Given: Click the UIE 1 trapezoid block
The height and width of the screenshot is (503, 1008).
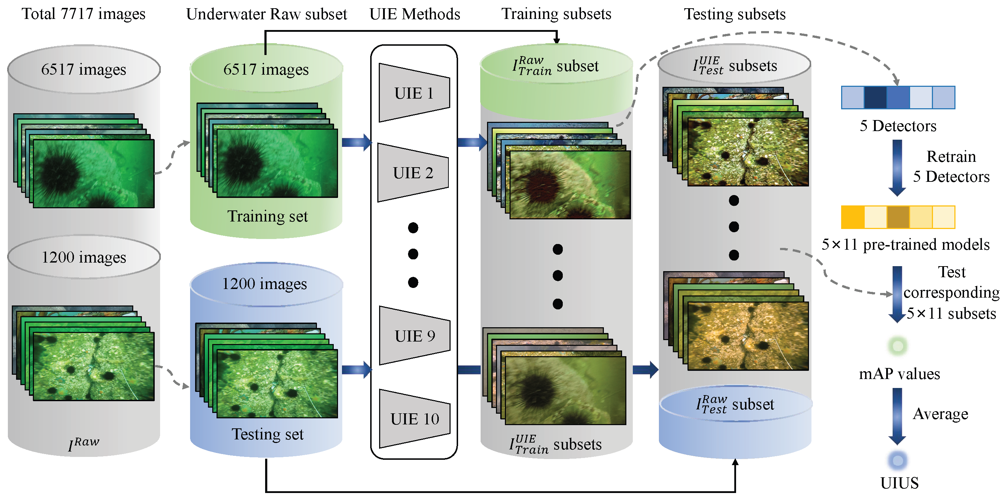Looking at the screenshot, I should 414,93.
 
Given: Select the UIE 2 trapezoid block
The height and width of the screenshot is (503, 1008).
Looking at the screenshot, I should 413,173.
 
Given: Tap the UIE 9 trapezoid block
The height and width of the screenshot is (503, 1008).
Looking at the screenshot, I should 414,336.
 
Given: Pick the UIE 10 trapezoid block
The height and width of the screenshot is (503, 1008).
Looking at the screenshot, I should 414,419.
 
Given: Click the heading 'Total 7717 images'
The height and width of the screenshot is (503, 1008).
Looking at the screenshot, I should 83,14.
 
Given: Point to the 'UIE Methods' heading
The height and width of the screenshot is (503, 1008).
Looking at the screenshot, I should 415,14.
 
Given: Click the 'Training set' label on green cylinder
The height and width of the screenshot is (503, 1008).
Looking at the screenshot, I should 268,216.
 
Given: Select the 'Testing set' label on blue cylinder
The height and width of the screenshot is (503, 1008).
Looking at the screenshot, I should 268,434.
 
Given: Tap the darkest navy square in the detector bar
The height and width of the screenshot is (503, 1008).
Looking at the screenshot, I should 875,98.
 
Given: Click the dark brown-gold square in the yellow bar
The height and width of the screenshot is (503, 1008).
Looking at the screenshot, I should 898,217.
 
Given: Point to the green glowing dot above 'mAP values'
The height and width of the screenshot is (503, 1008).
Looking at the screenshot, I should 898,346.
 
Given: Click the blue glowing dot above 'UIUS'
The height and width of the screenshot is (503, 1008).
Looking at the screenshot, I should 898,460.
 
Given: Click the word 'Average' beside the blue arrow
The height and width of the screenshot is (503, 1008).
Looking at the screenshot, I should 940,414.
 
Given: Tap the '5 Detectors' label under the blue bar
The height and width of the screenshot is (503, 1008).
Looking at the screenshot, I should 898,126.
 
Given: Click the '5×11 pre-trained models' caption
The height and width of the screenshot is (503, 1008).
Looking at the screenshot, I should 905,245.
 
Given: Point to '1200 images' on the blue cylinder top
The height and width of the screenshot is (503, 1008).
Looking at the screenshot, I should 264,284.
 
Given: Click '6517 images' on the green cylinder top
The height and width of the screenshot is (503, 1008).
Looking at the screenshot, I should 266,70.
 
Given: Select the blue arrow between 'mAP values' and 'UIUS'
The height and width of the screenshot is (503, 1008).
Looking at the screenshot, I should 897,416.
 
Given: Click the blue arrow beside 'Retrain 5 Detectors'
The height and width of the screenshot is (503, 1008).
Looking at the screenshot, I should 897,168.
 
